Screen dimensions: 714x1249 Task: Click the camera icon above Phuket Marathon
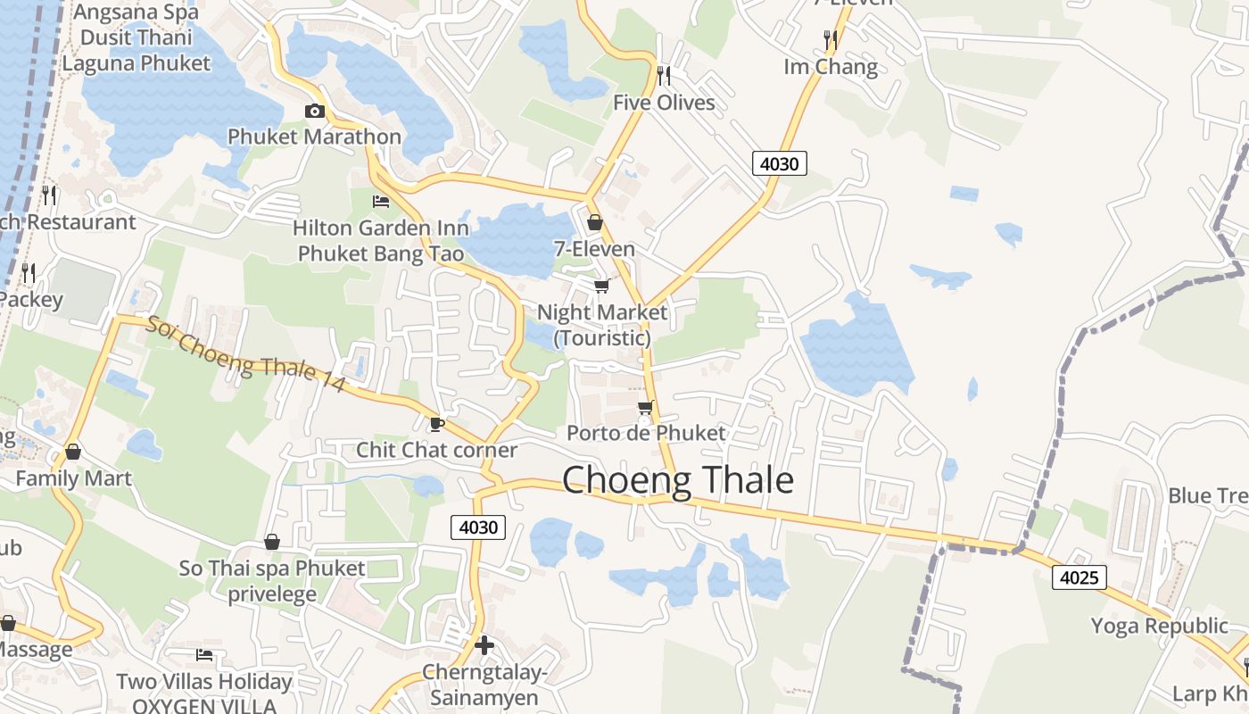(314, 112)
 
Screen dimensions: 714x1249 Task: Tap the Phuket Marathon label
(314, 137)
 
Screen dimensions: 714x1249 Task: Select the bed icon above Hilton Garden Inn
(381, 202)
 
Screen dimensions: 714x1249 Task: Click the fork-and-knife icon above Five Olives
(663, 76)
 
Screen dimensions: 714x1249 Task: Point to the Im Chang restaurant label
(830, 67)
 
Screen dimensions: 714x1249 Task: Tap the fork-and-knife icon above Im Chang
(831, 39)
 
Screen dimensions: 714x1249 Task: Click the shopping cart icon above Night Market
(602, 286)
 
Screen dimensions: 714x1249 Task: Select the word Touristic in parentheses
(602, 338)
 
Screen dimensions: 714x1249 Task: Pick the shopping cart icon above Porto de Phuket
(646, 407)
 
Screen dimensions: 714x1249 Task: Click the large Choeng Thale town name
(678, 480)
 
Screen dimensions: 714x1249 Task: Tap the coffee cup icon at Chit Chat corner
(436, 423)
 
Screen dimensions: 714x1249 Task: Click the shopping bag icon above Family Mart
(73, 452)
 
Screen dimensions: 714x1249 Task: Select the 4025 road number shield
(1079, 577)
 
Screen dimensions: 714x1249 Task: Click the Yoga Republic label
(1160, 626)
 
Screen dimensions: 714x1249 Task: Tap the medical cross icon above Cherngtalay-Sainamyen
(484, 644)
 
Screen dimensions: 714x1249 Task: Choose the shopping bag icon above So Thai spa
(272, 542)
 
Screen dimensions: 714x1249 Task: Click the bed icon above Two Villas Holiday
(204, 655)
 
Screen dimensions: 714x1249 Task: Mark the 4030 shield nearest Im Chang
(780, 163)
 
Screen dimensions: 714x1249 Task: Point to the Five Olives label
(664, 103)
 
